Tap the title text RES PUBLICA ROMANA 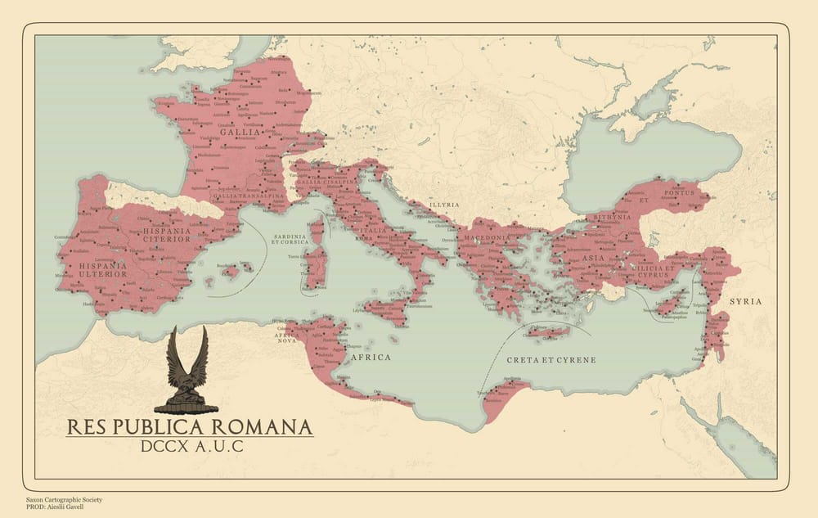tap(189, 427)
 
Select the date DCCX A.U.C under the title tap(190, 448)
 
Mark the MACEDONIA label tap(488, 238)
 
